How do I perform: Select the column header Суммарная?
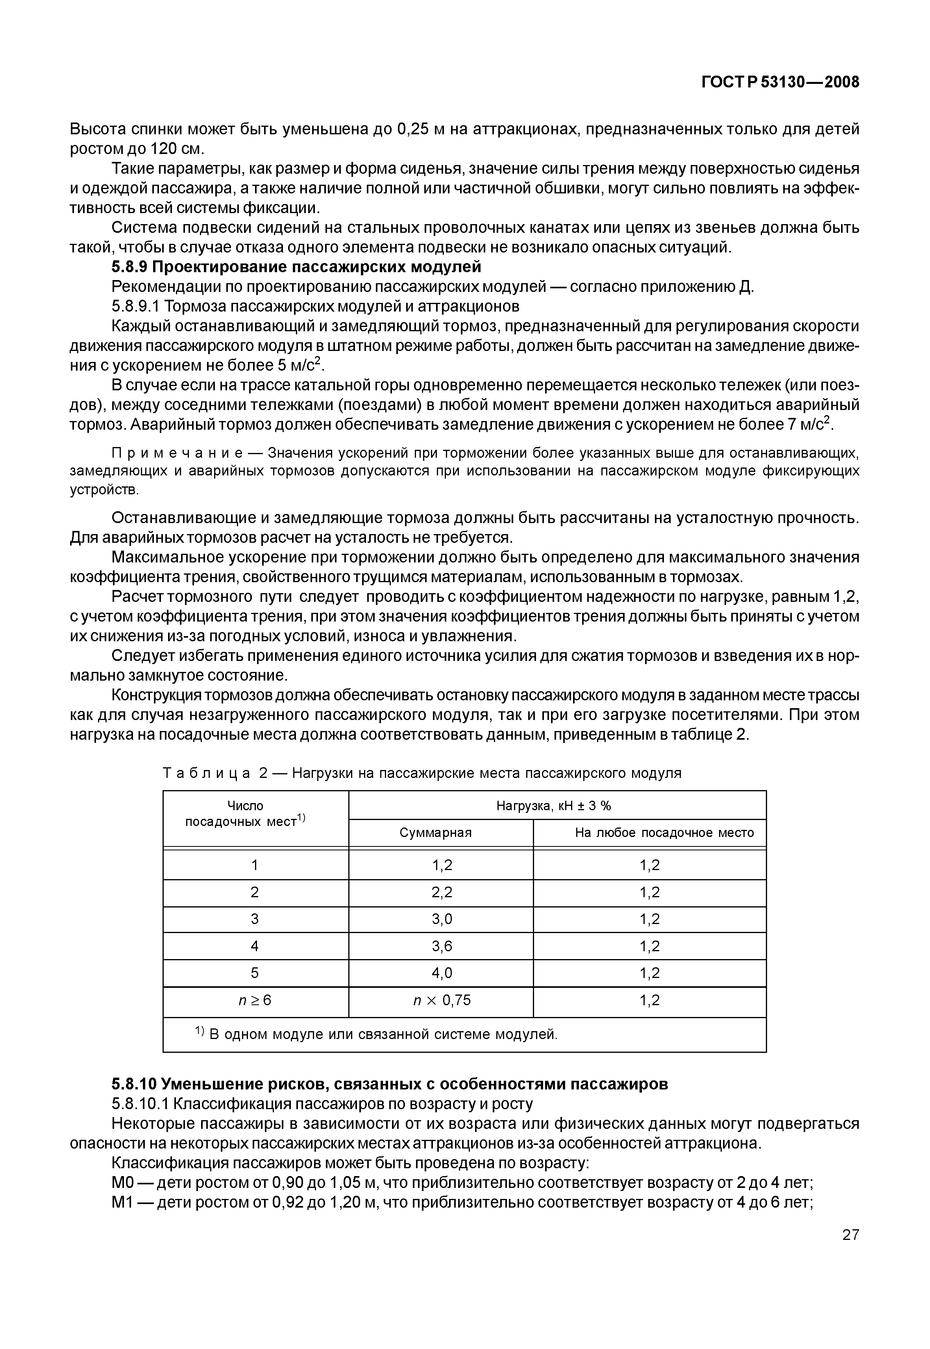pos(435,833)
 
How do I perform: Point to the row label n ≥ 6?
pos(255,1001)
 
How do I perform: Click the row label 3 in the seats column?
pos(255,919)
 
